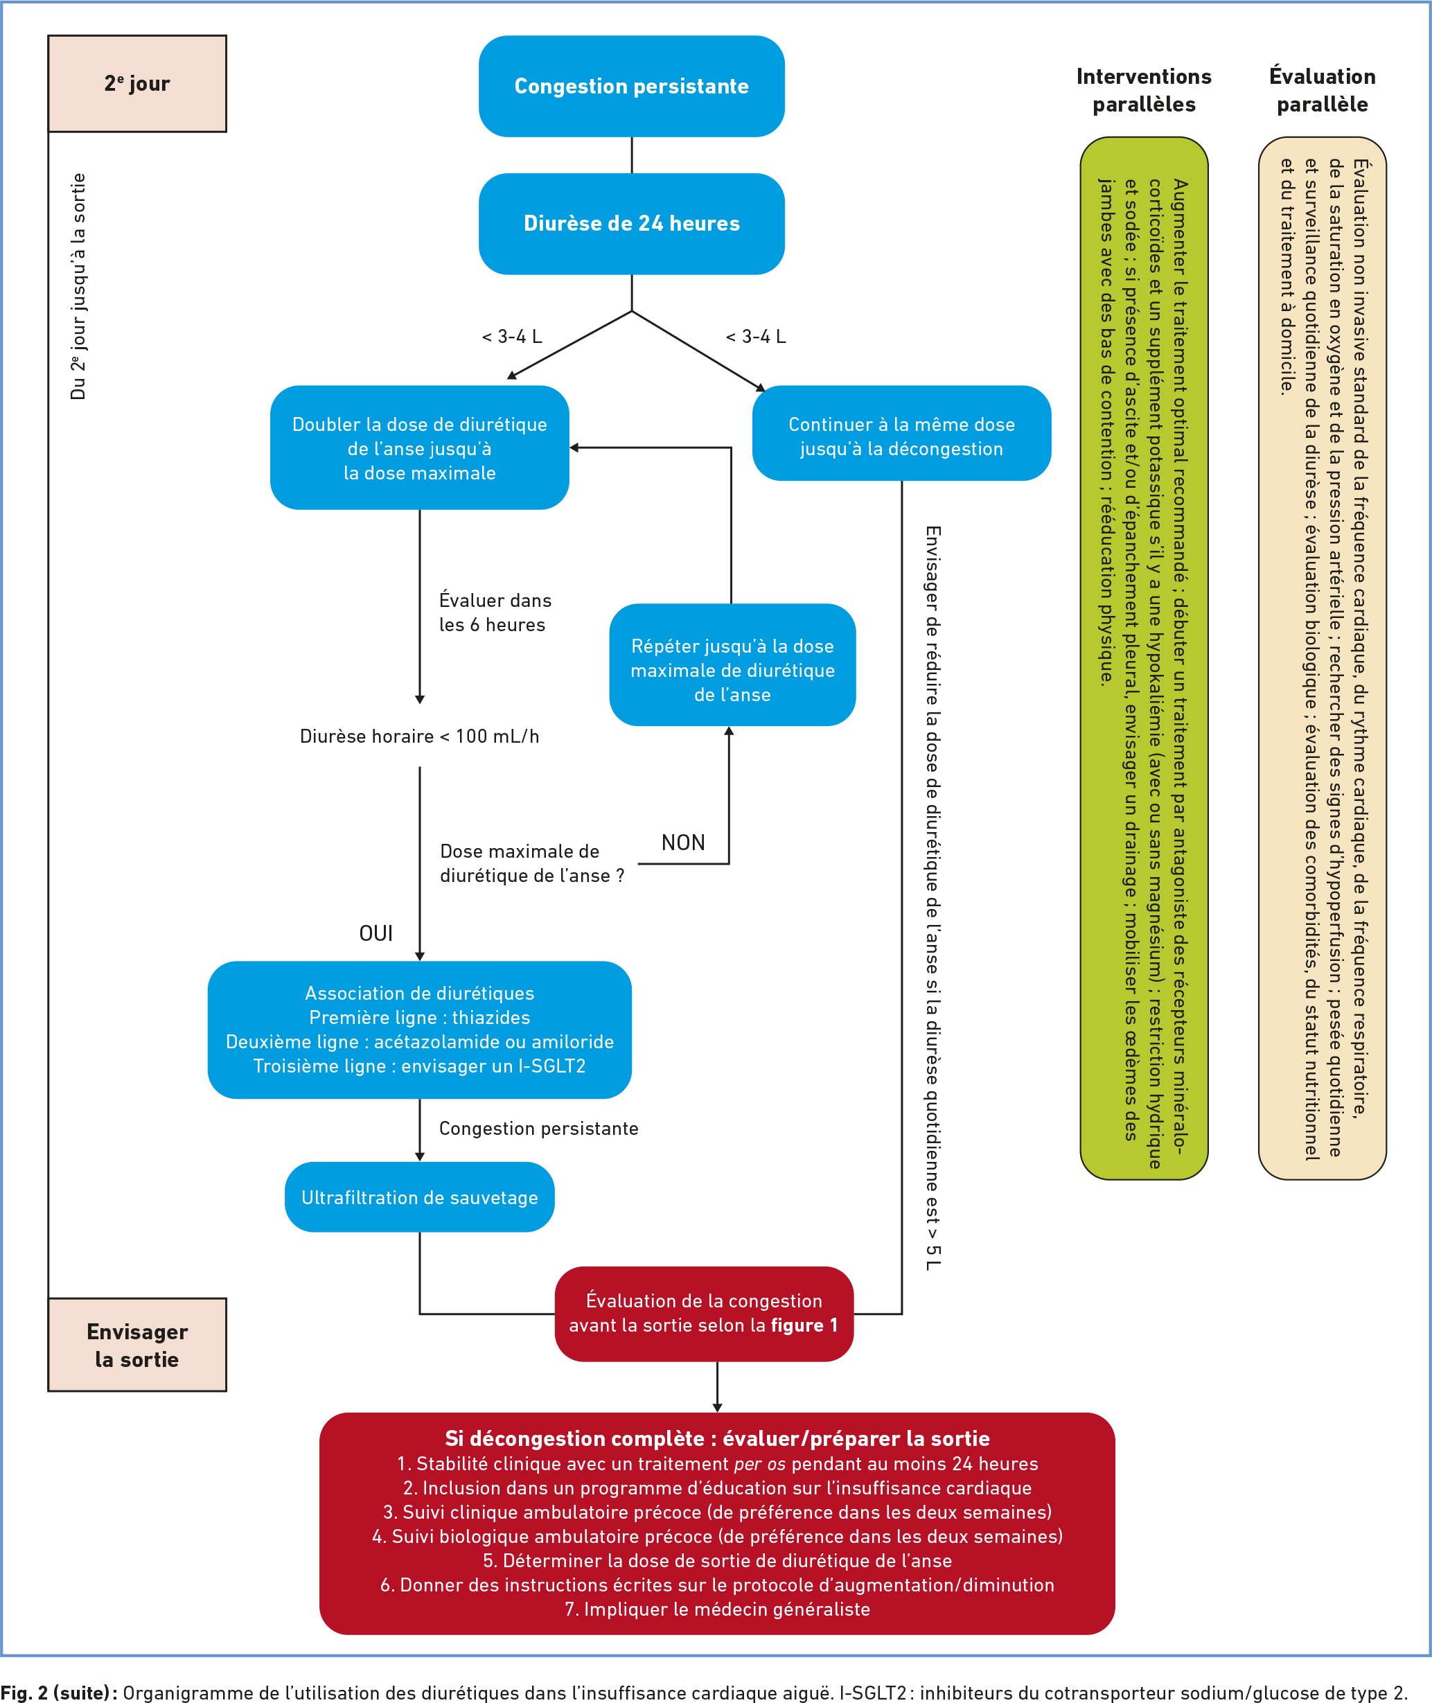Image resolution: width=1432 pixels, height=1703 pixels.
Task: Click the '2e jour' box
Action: click(x=137, y=84)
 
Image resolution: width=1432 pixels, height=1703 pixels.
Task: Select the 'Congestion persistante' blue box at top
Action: click(x=632, y=86)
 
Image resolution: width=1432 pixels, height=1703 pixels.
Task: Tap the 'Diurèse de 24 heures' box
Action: click(x=632, y=223)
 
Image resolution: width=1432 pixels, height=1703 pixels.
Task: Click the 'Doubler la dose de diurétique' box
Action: click(x=420, y=448)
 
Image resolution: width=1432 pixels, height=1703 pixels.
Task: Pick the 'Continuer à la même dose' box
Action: click(x=901, y=436)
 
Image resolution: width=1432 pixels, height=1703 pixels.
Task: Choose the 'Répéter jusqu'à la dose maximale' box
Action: click(x=732, y=670)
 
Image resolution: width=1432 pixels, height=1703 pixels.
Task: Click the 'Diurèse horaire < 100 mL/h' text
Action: click(x=420, y=736)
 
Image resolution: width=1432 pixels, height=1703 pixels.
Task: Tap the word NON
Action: click(x=682, y=842)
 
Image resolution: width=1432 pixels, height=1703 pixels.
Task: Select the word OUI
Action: click(x=376, y=933)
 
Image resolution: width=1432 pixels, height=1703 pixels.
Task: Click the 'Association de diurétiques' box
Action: click(x=420, y=1030)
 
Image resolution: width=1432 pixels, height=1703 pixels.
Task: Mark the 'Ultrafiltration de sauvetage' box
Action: click(x=420, y=1197)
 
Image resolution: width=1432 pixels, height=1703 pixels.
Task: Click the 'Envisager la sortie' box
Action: click(x=137, y=1345)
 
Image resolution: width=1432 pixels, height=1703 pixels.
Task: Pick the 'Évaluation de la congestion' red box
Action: click(x=704, y=1312)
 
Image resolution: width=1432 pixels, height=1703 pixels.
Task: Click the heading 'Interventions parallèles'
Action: click(x=1144, y=90)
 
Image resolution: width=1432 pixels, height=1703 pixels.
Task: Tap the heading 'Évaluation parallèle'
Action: click(x=1322, y=90)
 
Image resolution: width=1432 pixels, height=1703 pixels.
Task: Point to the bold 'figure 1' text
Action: click(x=804, y=1325)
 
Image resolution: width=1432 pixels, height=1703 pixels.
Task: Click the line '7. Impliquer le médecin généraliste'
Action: click(x=717, y=1609)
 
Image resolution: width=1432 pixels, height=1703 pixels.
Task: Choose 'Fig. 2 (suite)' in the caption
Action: click(x=58, y=1693)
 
